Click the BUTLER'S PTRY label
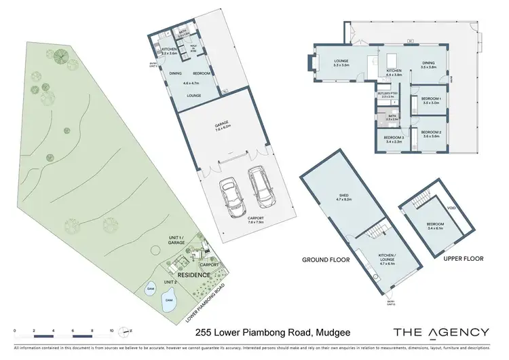pos(388,95)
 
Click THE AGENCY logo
pos(440,331)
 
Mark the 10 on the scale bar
pos(111,330)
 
